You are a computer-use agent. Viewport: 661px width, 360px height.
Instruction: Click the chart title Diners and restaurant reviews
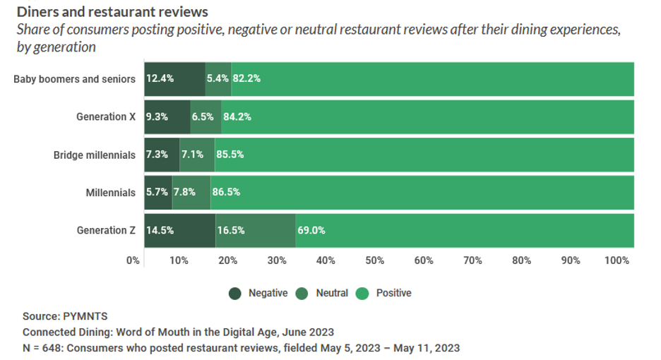(x=112, y=12)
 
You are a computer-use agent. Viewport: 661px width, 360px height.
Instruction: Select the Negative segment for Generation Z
(x=179, y=230)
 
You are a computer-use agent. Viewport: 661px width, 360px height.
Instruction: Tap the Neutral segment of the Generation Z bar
(x=255, y=230)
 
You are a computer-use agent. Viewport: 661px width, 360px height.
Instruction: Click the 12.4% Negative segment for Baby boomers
(x=174, y=78)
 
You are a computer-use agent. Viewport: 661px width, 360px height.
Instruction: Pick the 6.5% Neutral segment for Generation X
(x=206, y=116)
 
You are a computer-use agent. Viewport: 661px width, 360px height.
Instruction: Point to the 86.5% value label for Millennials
(x=226, y=192)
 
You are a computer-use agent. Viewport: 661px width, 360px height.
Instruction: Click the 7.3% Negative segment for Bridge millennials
(x=162, y=155)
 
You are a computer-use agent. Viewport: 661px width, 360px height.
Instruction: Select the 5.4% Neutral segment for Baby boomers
(x=218, y=78)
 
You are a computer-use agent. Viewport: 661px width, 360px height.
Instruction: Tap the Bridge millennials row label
(x=94, y=155)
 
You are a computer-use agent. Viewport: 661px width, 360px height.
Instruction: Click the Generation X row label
(x=105, y=116)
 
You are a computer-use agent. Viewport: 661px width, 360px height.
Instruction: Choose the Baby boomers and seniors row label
(x=74, y=79)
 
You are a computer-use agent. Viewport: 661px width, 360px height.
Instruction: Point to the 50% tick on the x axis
(x=375, y=260)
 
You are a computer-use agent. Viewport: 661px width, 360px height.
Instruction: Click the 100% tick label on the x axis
(x=617, y=260)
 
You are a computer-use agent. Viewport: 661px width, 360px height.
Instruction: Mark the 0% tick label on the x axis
(x=133, y=260)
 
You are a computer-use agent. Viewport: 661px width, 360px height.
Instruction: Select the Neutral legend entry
(x=325, y=293)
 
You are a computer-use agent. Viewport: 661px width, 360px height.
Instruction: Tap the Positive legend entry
(x=386, y=293)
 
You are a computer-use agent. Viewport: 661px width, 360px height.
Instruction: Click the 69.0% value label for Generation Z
(x=311, y=230)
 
